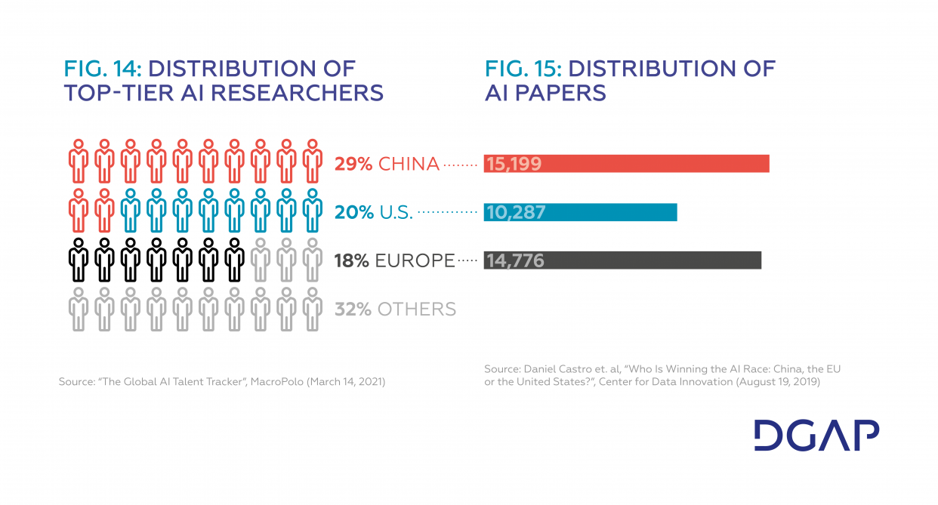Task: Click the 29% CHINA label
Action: [387, 164]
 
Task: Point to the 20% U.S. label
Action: [374, 213]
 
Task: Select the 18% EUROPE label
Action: [394, 261]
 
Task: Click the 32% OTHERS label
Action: [395, 309]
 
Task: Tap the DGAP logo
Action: [816, 436]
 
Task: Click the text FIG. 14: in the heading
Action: [103, 68]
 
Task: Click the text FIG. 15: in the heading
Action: [523, 68]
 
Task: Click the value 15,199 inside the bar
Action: [514, 164]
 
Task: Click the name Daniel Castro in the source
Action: [559, 369]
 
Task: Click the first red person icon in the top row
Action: [78, 162]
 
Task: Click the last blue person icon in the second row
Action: [312, 210]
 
